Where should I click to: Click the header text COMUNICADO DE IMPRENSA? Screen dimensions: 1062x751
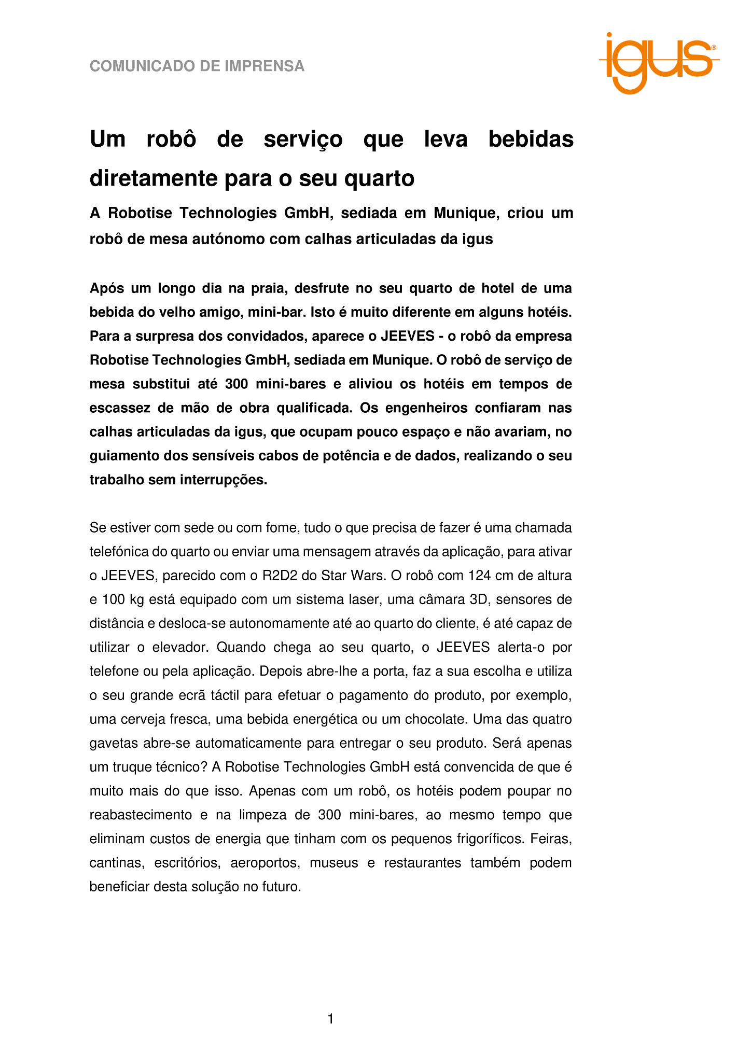pos(197,66)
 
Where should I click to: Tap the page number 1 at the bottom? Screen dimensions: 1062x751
pos(331,1019)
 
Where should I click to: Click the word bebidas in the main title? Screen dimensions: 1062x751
pos(531,139)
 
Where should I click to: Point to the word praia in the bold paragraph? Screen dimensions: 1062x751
pos(268,288)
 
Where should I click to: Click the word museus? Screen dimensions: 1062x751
pos(334,863)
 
